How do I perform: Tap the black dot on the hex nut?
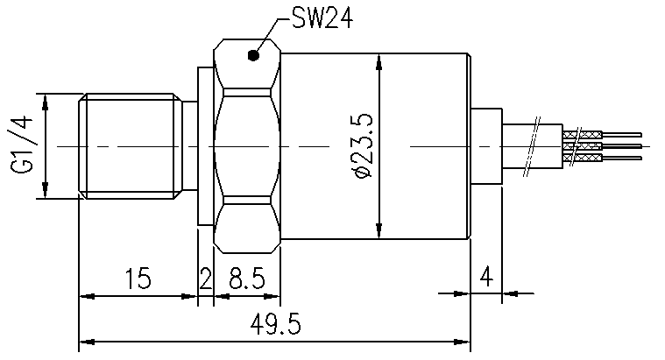point(253,57)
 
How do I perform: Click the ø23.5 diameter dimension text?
point(361,145)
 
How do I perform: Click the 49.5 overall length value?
point(276,325)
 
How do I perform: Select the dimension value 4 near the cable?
point(487,279)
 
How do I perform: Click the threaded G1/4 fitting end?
point(131,145)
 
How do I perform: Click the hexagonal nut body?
point(249,145)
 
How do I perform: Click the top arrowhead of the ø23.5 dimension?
point(379,61)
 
